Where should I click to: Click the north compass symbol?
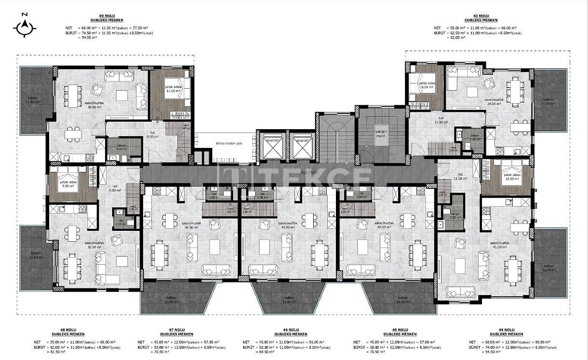click(25, 27)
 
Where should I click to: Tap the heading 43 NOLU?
click(481, 16)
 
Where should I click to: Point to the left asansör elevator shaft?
click(272, 146)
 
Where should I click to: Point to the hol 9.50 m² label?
click(152, 134)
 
